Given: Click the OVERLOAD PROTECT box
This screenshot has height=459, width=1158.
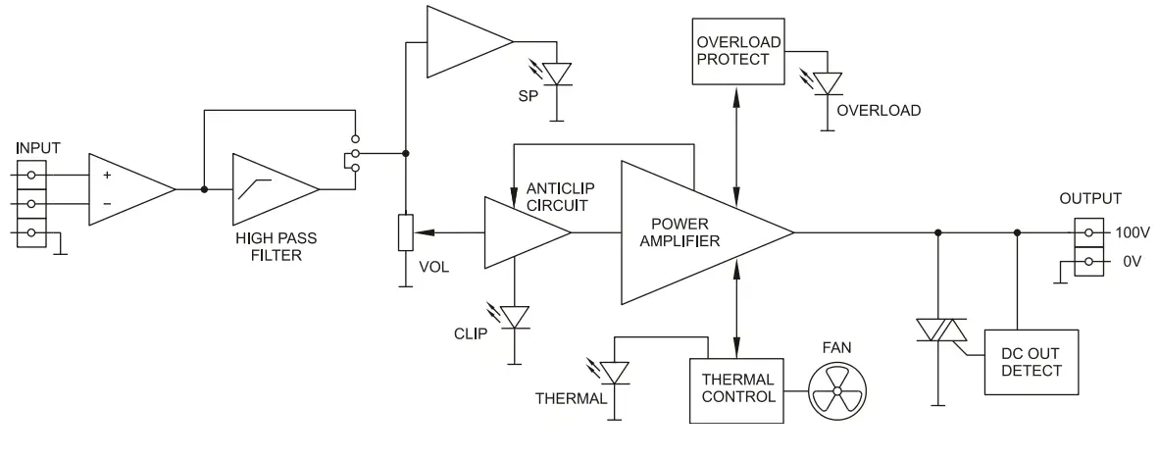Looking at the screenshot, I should pyautogui.click(x=738, y=51).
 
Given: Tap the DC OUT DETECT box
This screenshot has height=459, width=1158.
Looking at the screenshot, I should pyautogui.click(x=1031, y=361).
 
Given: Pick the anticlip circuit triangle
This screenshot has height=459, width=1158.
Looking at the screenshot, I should pyautogui.click(x=520, y=233).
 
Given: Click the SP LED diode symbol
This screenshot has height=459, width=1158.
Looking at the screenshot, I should pyautogui.click(x=558, y=74).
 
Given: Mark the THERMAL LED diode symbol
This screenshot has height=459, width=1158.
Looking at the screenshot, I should pyautogui.click(x=614, y=374).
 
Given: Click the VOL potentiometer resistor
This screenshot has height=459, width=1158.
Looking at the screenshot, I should pyautogui.click(x=405, y=233).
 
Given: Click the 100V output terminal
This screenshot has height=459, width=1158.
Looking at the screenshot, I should pyautogui.click(x=1086, y=233).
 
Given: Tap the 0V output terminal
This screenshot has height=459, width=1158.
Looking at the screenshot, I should pyautogui.click(x=1086, y=261).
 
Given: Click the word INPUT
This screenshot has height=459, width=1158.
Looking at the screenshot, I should pyautogui.click(x=38, y=148).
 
